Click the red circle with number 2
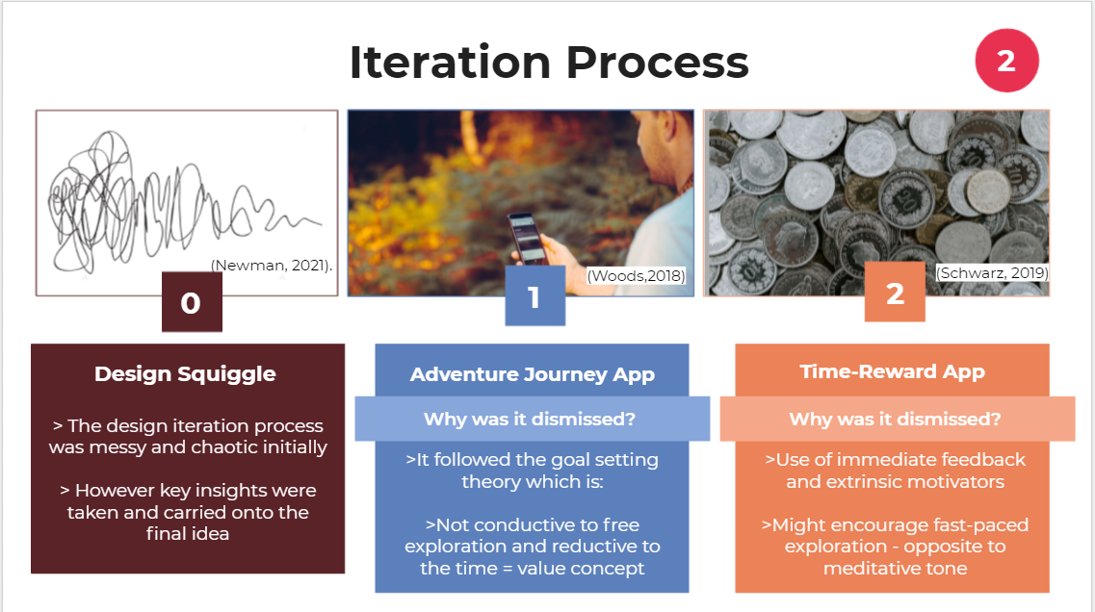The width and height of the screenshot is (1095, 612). (x=1006, y=60)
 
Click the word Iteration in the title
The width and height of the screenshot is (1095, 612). (x=450, y=63)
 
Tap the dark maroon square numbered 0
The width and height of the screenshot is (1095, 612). (x=192, y=301)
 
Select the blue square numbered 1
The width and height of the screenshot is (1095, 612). (x=534, y=295)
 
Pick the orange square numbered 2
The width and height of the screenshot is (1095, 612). (x=895, y=292)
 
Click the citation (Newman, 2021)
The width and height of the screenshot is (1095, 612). (x=272, y=266)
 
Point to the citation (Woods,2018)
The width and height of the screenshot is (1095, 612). (x=636, y=275)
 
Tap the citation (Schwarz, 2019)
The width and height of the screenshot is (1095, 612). (x=992, y=273)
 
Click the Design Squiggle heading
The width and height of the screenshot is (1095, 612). (x=185, y=374)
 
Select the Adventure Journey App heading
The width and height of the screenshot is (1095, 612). (x=533, y=374)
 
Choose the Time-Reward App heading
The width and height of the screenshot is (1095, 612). (x=893, y=371)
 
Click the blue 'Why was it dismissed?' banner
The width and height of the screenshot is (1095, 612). (x=533, y=419)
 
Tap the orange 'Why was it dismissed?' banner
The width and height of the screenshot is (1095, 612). (x=898, y=419)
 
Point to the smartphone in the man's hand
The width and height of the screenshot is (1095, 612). (x=528, y=238)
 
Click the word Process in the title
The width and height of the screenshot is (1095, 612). (x=657, y=63)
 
